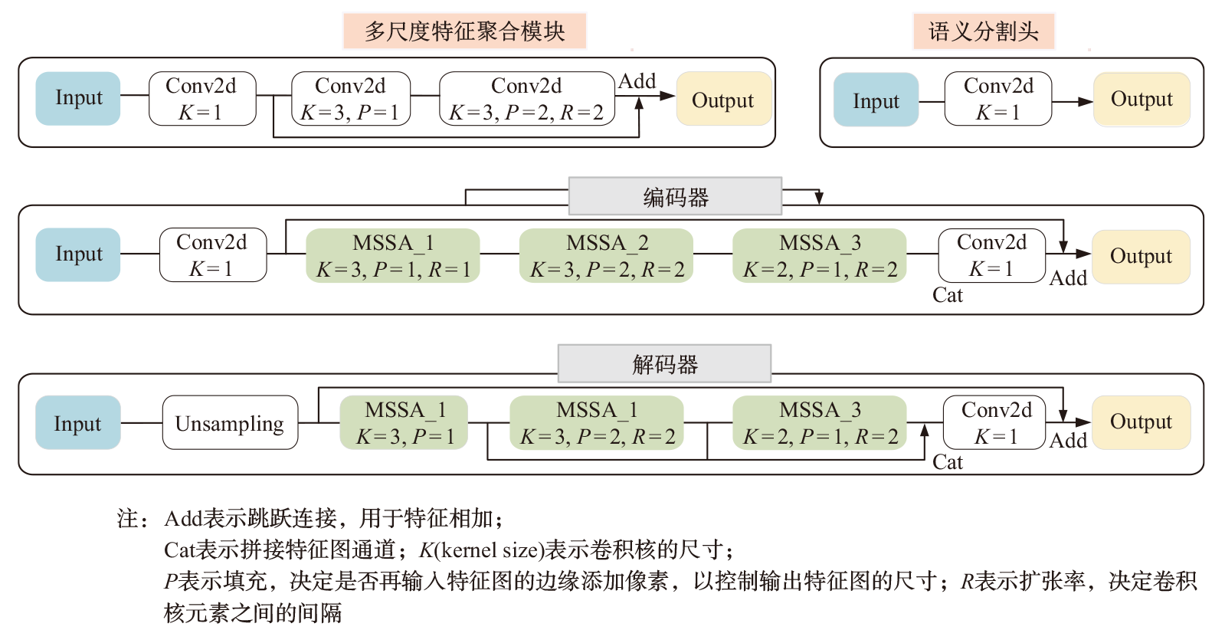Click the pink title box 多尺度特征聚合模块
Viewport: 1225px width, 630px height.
pos(464,31)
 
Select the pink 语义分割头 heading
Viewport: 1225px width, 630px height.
pos(984,31)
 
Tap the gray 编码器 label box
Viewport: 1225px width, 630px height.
pos(675,197)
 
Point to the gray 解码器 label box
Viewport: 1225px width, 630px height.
pos(664,363)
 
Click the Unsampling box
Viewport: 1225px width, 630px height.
pos(230,422)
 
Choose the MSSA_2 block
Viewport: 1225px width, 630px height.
pos(606,255)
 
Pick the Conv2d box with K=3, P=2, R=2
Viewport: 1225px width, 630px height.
pos(526,99)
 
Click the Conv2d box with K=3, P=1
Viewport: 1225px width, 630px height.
pos(351,99)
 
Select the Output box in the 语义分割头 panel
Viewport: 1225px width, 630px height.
pos(1141,100)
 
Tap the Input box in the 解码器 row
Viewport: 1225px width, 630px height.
pos(77,422)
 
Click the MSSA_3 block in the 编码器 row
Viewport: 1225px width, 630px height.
pos(819,255)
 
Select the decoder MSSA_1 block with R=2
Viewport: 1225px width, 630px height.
pos(597,422)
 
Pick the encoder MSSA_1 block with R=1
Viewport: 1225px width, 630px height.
pos(392,255)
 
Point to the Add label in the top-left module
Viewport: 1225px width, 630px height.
pos(637,81)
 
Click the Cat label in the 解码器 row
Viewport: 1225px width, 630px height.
pos(947,461)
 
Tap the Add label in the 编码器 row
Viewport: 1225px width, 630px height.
pos(1068,278)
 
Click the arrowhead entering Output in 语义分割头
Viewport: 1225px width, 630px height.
pos(1085,101)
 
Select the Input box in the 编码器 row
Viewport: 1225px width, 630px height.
pos(78,254)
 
